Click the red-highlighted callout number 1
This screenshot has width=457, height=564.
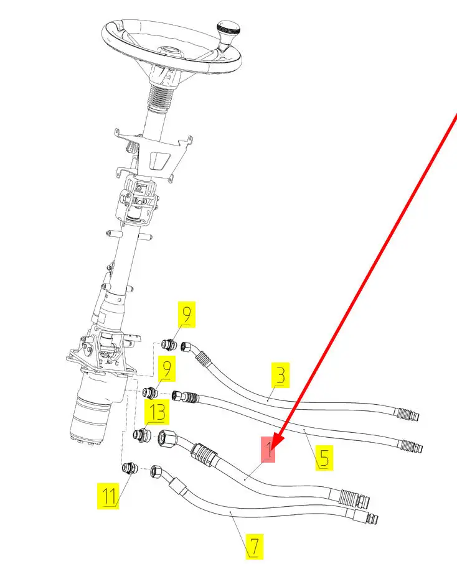pyautogui.click(x=268, y=449)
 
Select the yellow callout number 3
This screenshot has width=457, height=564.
pyautogui.click(x=281, y=375)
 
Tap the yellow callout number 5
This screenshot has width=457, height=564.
pyautogui.click(x=324, y=458)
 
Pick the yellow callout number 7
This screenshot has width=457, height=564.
pyautogui.click(x=254, y=547)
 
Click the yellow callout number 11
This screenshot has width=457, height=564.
pyautogui.click(x=108, y=496)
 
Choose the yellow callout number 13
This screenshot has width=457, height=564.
pyautogui.click(x=157, y=412)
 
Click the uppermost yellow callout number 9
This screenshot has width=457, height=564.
pyautogui.click(x=187, y=315)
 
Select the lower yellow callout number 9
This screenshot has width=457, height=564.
pyautogui.click(x=167, y=369)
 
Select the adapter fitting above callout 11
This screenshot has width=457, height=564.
pyautogui.click(x=130, y=469)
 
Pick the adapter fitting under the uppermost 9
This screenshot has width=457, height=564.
pyautogui.click(x=169, y=344)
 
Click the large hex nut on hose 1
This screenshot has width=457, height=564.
pyautogui.click(x=167, y=437)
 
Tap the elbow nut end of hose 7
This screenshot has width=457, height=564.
pyautogui.click(x=158, y=471)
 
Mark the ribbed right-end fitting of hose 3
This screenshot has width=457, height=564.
pyautogui.click(x=407, y=414)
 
